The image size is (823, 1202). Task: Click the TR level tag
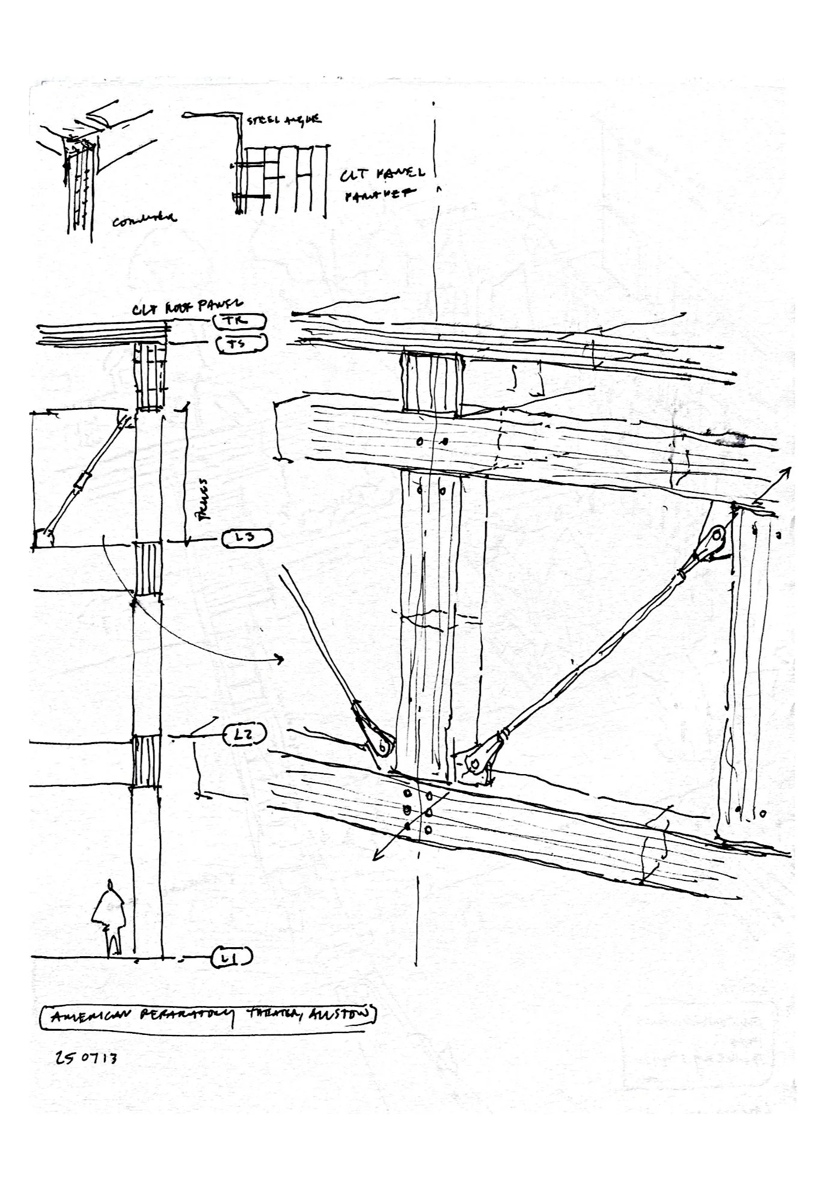(239, 322)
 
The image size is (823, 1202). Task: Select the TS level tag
(239, 344)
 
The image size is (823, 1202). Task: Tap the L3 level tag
(247, 538)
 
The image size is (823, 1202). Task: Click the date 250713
(86, 1058)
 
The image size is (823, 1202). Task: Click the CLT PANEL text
(382, 175)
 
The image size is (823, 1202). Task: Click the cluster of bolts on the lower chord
(418, 811)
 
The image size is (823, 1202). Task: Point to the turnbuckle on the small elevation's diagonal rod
(82, 481)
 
